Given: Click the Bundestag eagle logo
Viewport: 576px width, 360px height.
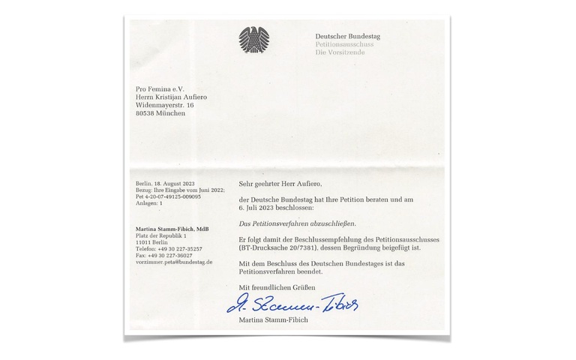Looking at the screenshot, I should [x=253, y=40].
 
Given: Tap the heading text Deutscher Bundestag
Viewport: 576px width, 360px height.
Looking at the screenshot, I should [x=349, y=35].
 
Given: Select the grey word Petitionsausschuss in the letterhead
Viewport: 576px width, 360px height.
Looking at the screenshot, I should [x=344, y=44].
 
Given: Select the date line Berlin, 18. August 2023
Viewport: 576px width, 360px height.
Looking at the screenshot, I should [x=165, y=183].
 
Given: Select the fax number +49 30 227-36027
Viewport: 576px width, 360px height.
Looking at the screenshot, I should [x=172, y=255].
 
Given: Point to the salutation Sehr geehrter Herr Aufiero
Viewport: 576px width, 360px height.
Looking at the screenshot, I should [x=280, y=184].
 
